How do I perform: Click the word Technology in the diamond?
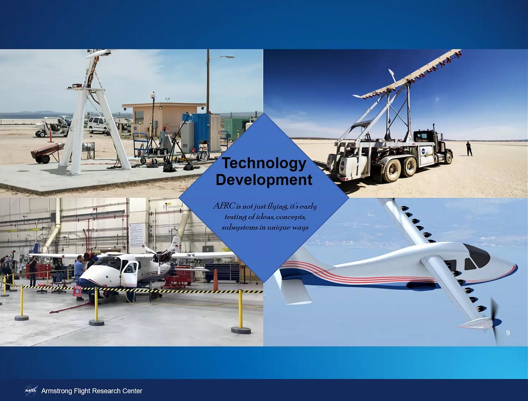264,164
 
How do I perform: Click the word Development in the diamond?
264,180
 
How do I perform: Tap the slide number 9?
508,333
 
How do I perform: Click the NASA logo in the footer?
31,391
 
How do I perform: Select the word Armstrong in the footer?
56,391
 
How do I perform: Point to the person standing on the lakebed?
469,148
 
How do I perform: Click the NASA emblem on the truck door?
423,151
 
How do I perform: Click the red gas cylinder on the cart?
47,150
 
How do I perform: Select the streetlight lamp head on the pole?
228,57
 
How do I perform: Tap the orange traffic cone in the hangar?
215,280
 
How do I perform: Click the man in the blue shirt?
80,276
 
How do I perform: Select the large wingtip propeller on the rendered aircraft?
494,321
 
